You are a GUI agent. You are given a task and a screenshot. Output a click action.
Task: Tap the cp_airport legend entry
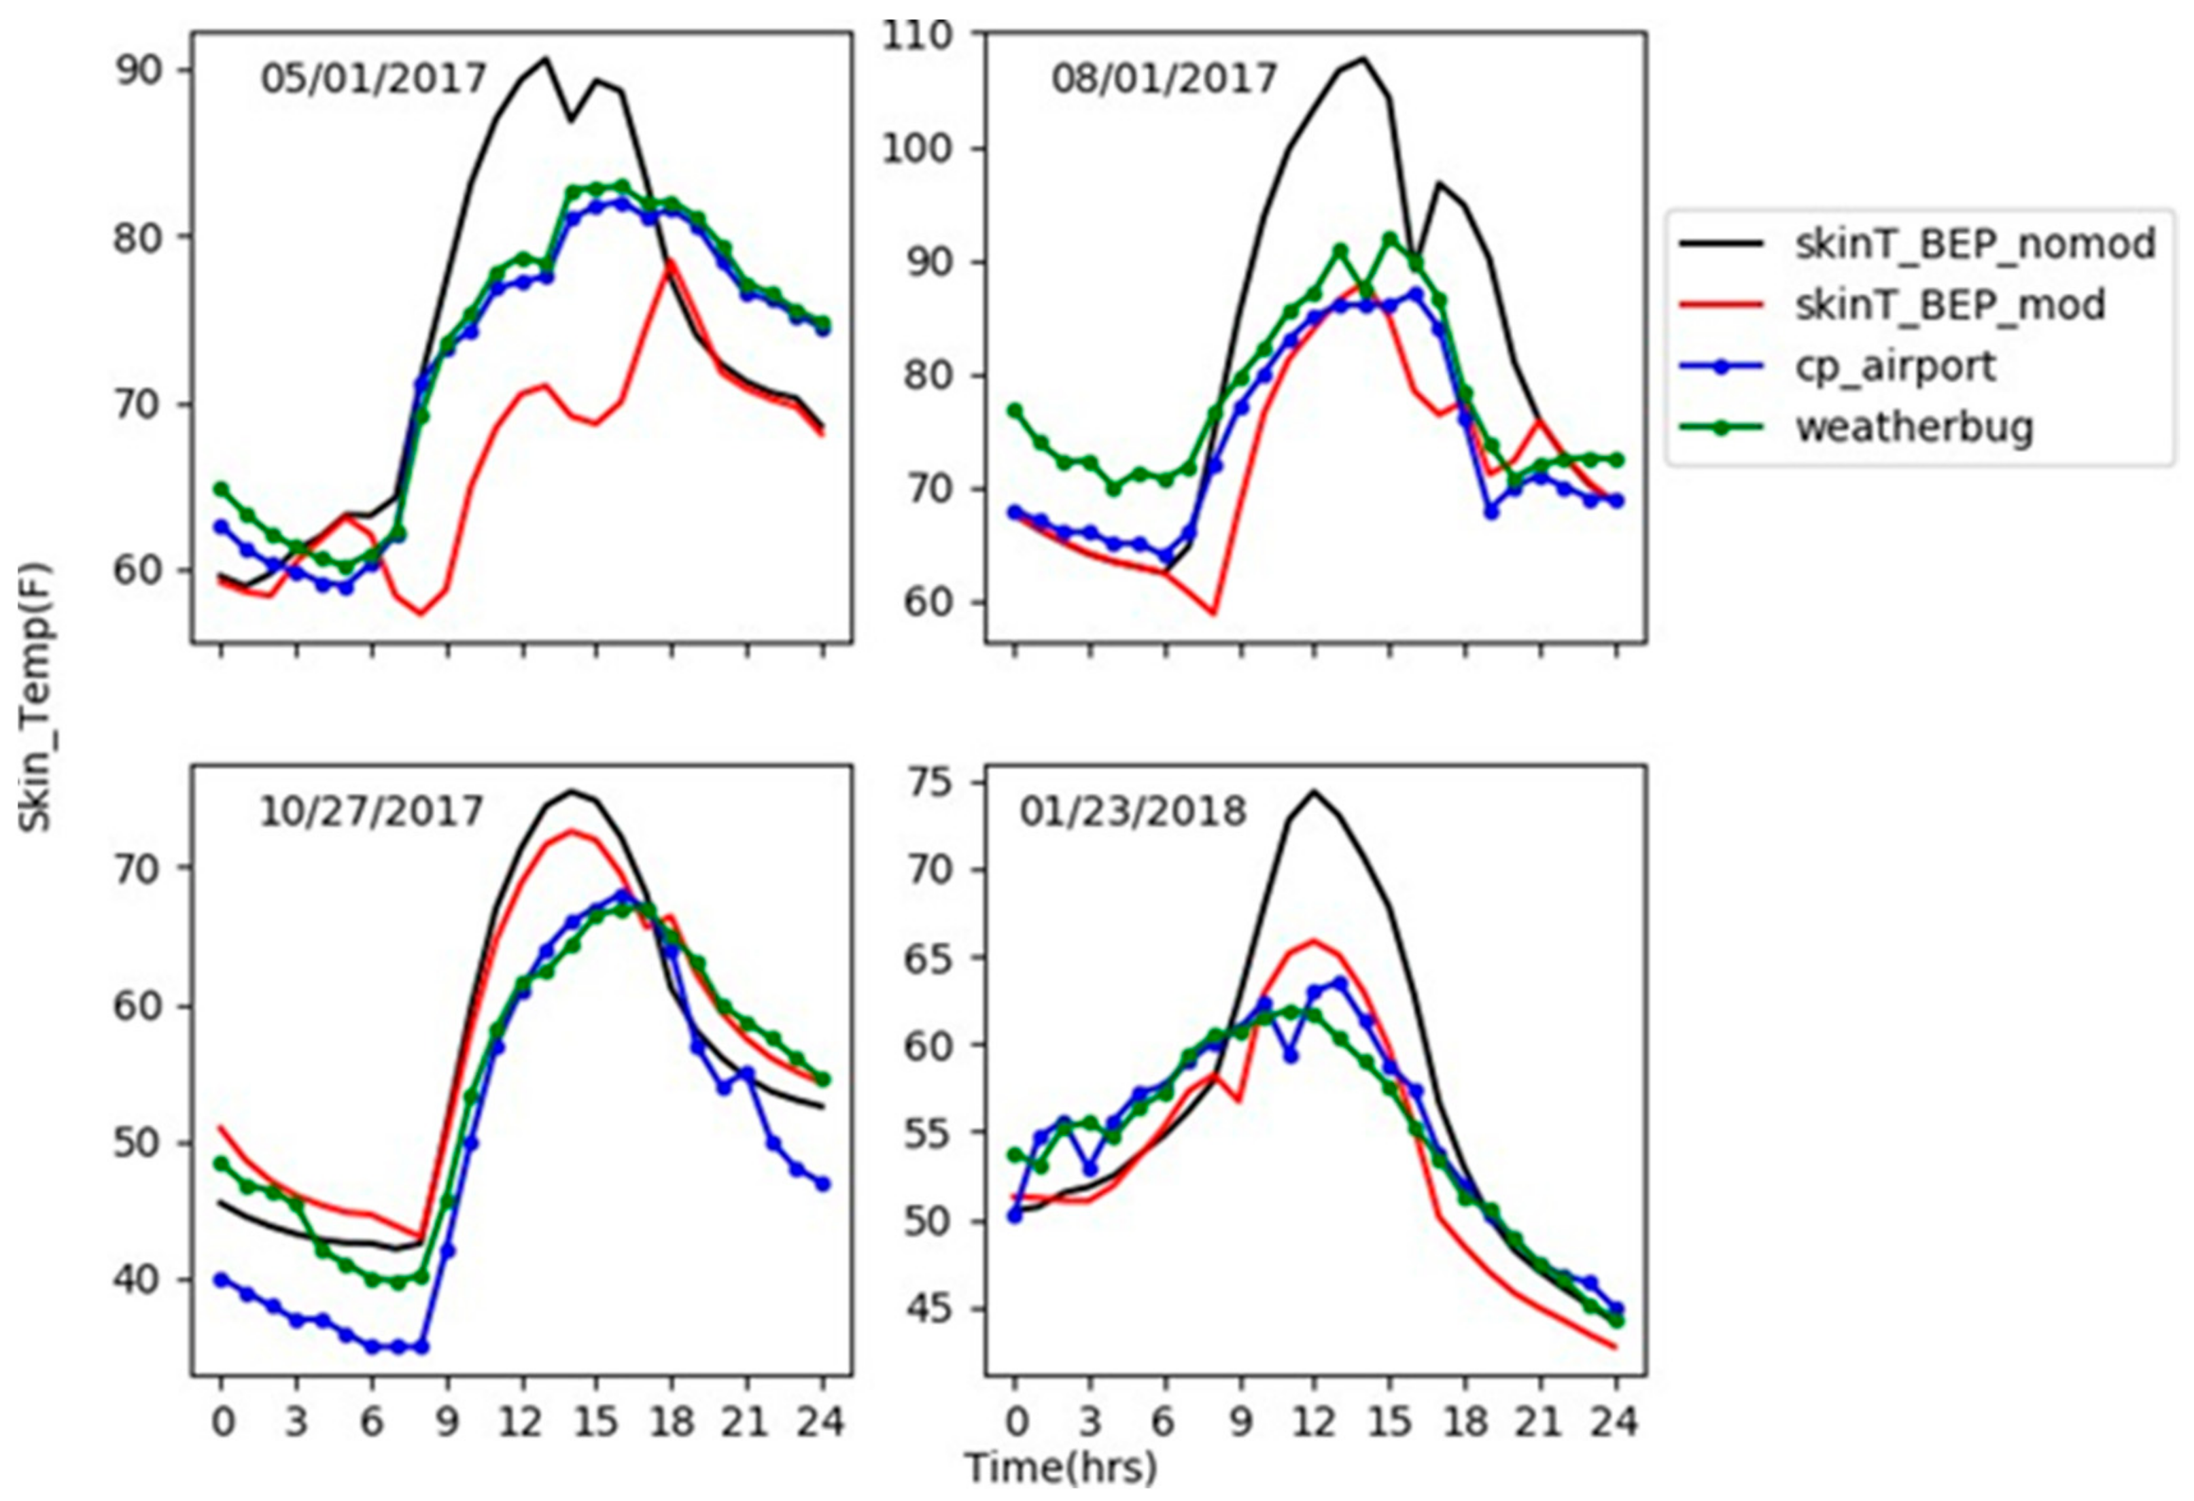coord(1896,366)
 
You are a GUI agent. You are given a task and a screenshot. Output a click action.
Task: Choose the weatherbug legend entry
coord(1913,428)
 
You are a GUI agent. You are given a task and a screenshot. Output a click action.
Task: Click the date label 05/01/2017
coord(373,78)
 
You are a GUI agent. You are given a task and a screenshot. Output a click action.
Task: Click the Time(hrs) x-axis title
coord(1060,1468)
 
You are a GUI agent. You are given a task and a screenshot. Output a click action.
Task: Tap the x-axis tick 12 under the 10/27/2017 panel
coord(521,1421)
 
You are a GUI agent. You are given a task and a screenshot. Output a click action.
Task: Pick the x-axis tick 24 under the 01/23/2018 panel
coord(1616,1421)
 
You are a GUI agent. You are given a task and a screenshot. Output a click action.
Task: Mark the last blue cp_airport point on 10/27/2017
coord(822,1184)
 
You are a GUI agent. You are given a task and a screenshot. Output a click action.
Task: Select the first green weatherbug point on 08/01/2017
coord(1015,411)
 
